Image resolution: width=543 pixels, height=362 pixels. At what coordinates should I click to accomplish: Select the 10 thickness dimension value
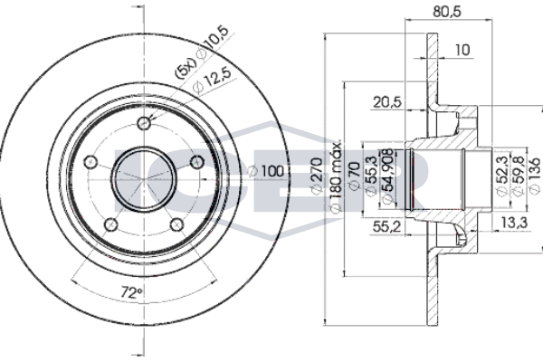point(462,51)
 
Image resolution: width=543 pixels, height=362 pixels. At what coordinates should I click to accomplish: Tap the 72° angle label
point(133,293)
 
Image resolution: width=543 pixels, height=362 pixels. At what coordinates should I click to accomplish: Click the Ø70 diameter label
point(355,177)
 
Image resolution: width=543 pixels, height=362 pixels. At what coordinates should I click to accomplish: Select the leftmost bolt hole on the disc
point(90,162)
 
